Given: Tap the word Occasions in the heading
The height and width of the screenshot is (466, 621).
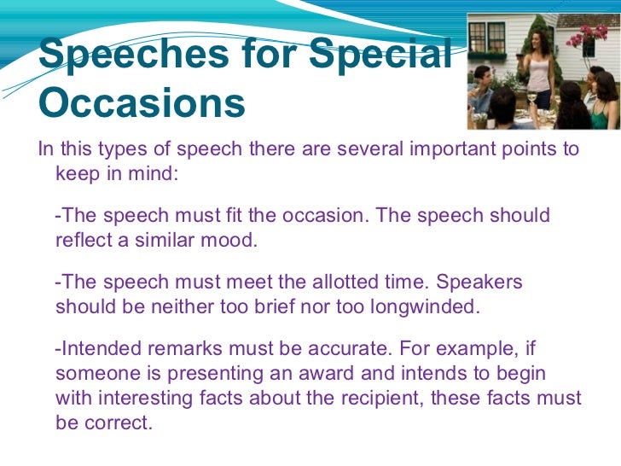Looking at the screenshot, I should tap(142, 104).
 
